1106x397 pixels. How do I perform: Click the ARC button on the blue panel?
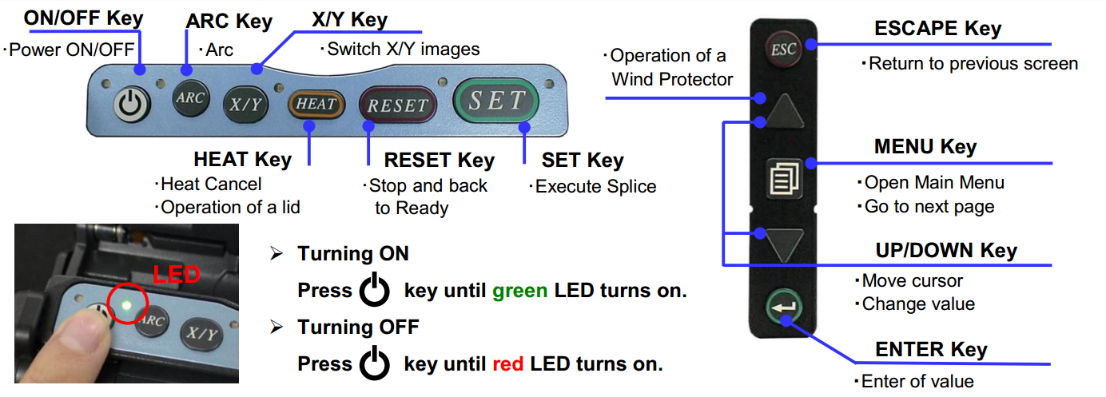(x=190, y=97)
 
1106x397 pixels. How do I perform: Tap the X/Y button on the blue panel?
(x=246, y=104)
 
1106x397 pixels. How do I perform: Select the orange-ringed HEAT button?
(x=316, y=104)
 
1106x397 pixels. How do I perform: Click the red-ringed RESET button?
(x=398, y=105)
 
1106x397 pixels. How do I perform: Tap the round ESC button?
(x=784, y=50)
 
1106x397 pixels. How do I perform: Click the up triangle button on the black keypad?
(x=784, y=112)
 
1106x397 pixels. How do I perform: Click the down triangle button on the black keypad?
(x=784, y=244)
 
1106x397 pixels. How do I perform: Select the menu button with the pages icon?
(x=784, y=178)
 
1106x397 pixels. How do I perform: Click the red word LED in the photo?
(x=177, y=274)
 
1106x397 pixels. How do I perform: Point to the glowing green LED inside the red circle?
(x=126, y=305)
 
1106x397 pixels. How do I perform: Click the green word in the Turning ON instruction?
(x=520, y=291)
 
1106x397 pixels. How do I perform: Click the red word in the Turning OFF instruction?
(x=508, y=364)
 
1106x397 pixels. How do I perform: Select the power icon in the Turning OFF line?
(x=374, y=363)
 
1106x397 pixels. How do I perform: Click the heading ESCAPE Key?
(x=937, y=28)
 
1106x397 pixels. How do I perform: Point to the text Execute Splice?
(x=595, y=186)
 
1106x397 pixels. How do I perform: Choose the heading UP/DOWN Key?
(x=946, y=250)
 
